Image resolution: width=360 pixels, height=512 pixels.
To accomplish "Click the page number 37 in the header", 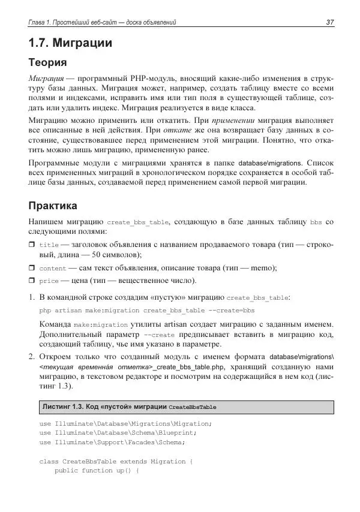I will pos(329,23).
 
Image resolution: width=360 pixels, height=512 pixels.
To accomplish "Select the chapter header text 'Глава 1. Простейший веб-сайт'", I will pos(82,23).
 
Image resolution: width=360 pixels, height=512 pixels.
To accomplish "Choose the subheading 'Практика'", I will pos(52,207).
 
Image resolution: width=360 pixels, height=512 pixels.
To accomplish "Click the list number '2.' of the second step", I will pos(32,357).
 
